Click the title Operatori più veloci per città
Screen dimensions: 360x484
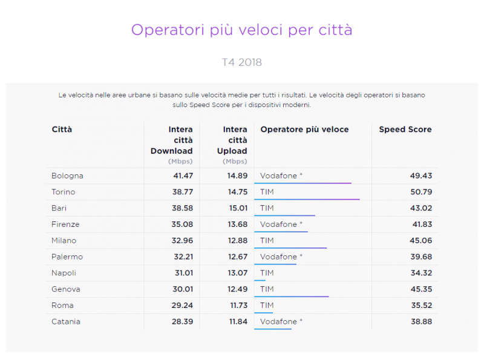[x=241, y=30]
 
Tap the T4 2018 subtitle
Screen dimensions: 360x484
[x=241, y=62]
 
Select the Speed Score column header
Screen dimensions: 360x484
[x=405, y=129]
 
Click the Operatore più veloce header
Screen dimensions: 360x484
[x=304, y=129]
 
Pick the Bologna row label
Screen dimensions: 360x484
[x=68, y=176]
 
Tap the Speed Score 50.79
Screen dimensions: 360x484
[x=420, y=192]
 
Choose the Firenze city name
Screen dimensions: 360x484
[x=66, y=224]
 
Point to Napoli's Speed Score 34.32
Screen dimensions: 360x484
[x=420, y=273]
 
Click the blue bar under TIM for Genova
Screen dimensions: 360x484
[x=292, y=296]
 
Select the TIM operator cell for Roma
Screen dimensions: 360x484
[x=267, y=306]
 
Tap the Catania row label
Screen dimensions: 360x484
[x=66, y=322]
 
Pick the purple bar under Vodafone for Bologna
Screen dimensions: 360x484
[x=303, y=183]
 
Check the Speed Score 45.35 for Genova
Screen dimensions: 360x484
[x=420, y=289]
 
